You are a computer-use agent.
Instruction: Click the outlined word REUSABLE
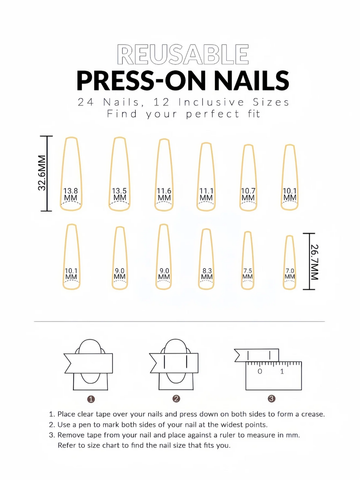click(x=183, y=55)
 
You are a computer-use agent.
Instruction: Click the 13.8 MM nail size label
click(x=71, y=194)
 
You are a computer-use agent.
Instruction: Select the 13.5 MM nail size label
click(x=120, y=194)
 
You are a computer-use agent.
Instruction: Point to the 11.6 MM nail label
click(x=164, y=194)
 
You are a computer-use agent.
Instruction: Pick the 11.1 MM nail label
click(x=206, y=194)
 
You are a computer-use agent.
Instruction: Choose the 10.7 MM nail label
click(x=248, y=194)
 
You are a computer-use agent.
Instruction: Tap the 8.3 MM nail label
click(x=207, y=274)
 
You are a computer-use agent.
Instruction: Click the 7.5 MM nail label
click(x=248, y=274)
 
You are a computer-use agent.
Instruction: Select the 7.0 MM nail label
click(x=290, y=274)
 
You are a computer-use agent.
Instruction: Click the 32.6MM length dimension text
click(x=42, y=173)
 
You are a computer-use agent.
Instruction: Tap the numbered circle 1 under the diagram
click(x=91, y=399)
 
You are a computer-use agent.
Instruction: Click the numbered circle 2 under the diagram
click(x=176, y=399)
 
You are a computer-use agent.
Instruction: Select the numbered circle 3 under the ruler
click(x=271, y=399)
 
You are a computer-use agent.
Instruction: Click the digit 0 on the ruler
click(x=260, y=371)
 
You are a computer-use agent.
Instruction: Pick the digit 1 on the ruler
click(x=282, y=371)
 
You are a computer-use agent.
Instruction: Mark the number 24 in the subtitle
click(x=86, y=102)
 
